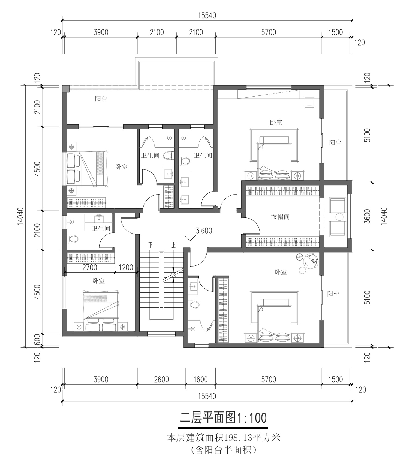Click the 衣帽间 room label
280,217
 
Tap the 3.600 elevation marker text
204,231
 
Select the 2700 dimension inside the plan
90,267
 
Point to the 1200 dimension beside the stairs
126,267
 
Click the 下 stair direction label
150,244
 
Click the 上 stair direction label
173,244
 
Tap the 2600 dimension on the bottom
161,379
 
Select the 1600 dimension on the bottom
200,379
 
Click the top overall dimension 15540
207,15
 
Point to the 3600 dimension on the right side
368,216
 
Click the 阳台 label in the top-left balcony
101,99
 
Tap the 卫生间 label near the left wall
101,228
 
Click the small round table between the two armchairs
339,217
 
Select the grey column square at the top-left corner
66,88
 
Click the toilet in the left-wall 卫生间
73,239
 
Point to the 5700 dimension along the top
269,32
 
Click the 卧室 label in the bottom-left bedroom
98,281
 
